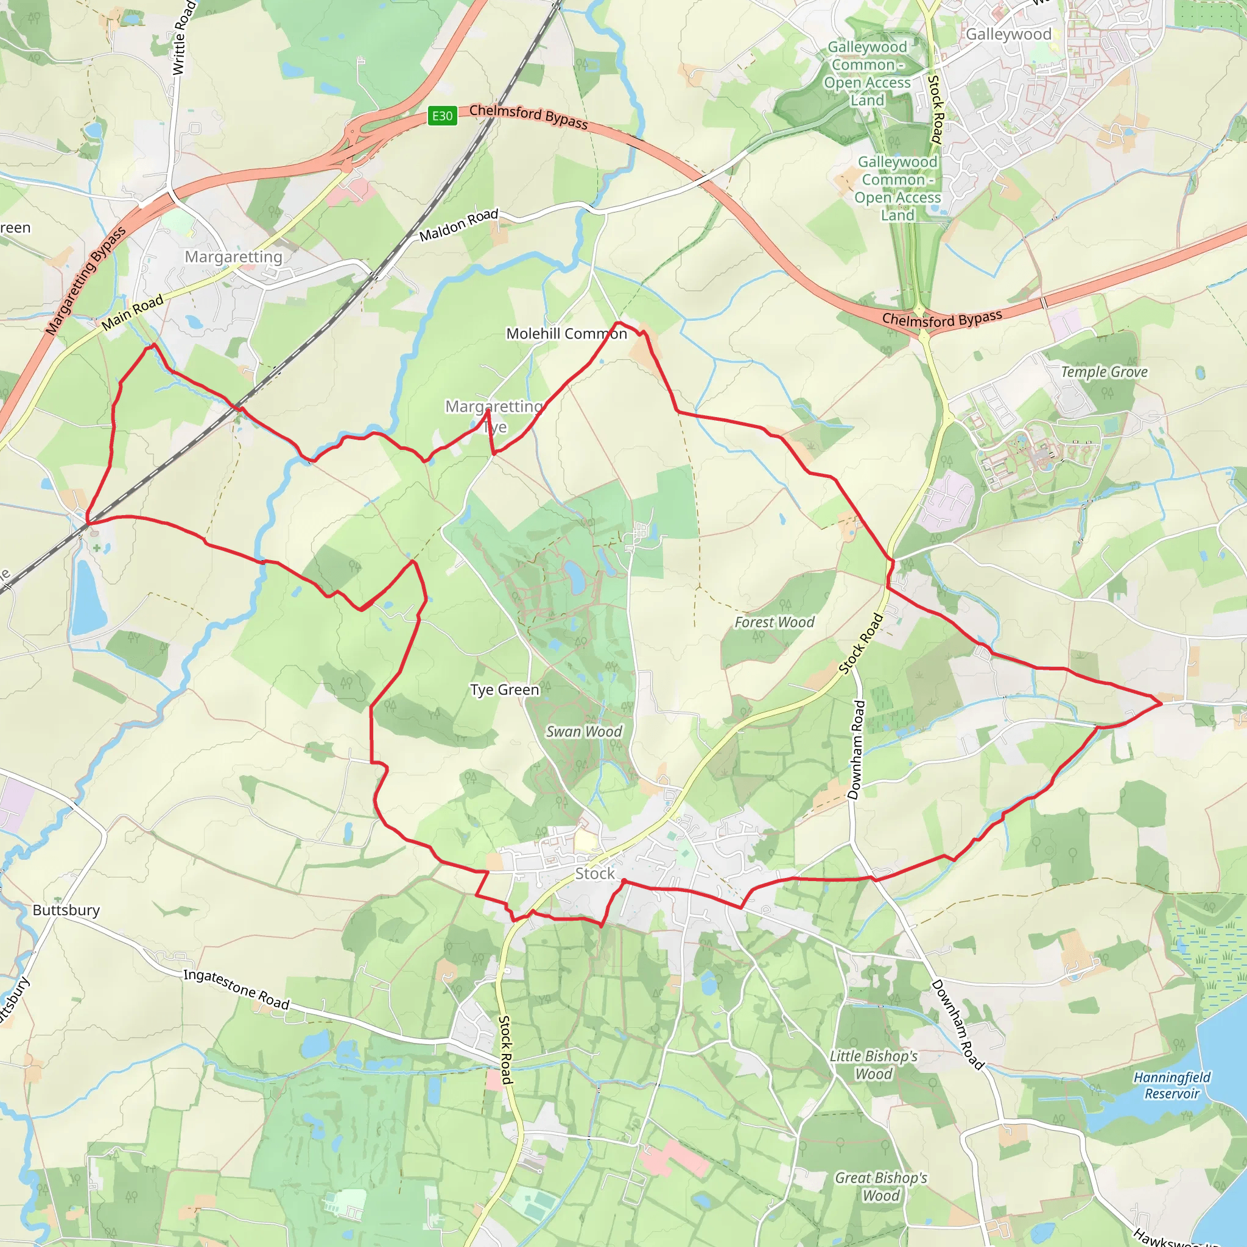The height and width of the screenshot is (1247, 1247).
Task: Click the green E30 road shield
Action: [x=442, y=116]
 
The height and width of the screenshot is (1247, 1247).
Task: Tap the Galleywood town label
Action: [x=1008, y=34]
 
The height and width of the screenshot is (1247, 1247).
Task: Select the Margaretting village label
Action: [x=234, y=257]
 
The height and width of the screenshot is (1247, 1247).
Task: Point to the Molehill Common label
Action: [x=566, y=334]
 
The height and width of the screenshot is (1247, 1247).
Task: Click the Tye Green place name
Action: [x=505, y=690]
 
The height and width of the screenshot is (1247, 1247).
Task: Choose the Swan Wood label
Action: [x=583, y=731]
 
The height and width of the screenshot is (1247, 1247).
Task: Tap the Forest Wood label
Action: [x=774, y=622]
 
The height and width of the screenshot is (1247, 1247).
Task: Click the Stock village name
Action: [x=594, y=874]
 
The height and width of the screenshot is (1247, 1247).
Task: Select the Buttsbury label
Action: [x=66, y=910]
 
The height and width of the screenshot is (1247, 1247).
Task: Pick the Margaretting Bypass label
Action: [x=86, y=281]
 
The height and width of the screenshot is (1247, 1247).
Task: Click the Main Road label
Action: [x=132, y=313]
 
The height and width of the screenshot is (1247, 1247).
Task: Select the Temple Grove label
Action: [x=1104, y=372]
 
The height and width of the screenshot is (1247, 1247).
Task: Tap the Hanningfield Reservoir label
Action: [x=1171, y=1085]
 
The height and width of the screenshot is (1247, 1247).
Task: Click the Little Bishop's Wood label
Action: [x=873, y=1065]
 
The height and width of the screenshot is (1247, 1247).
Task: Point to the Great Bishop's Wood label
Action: [x=881, y=1186]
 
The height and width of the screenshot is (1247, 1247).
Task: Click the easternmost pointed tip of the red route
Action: [x=1162, y=703]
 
